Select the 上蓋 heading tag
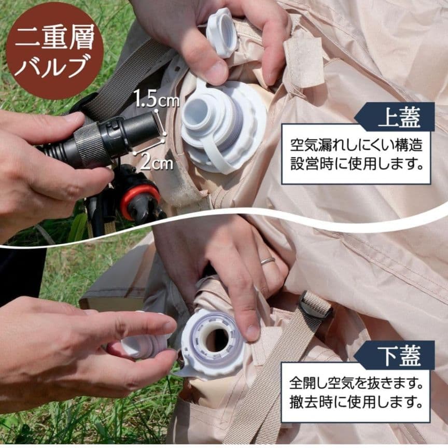[x=399, y=117]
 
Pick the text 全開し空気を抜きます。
[x=356, y=384]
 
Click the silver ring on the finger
[x=268, y=260]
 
